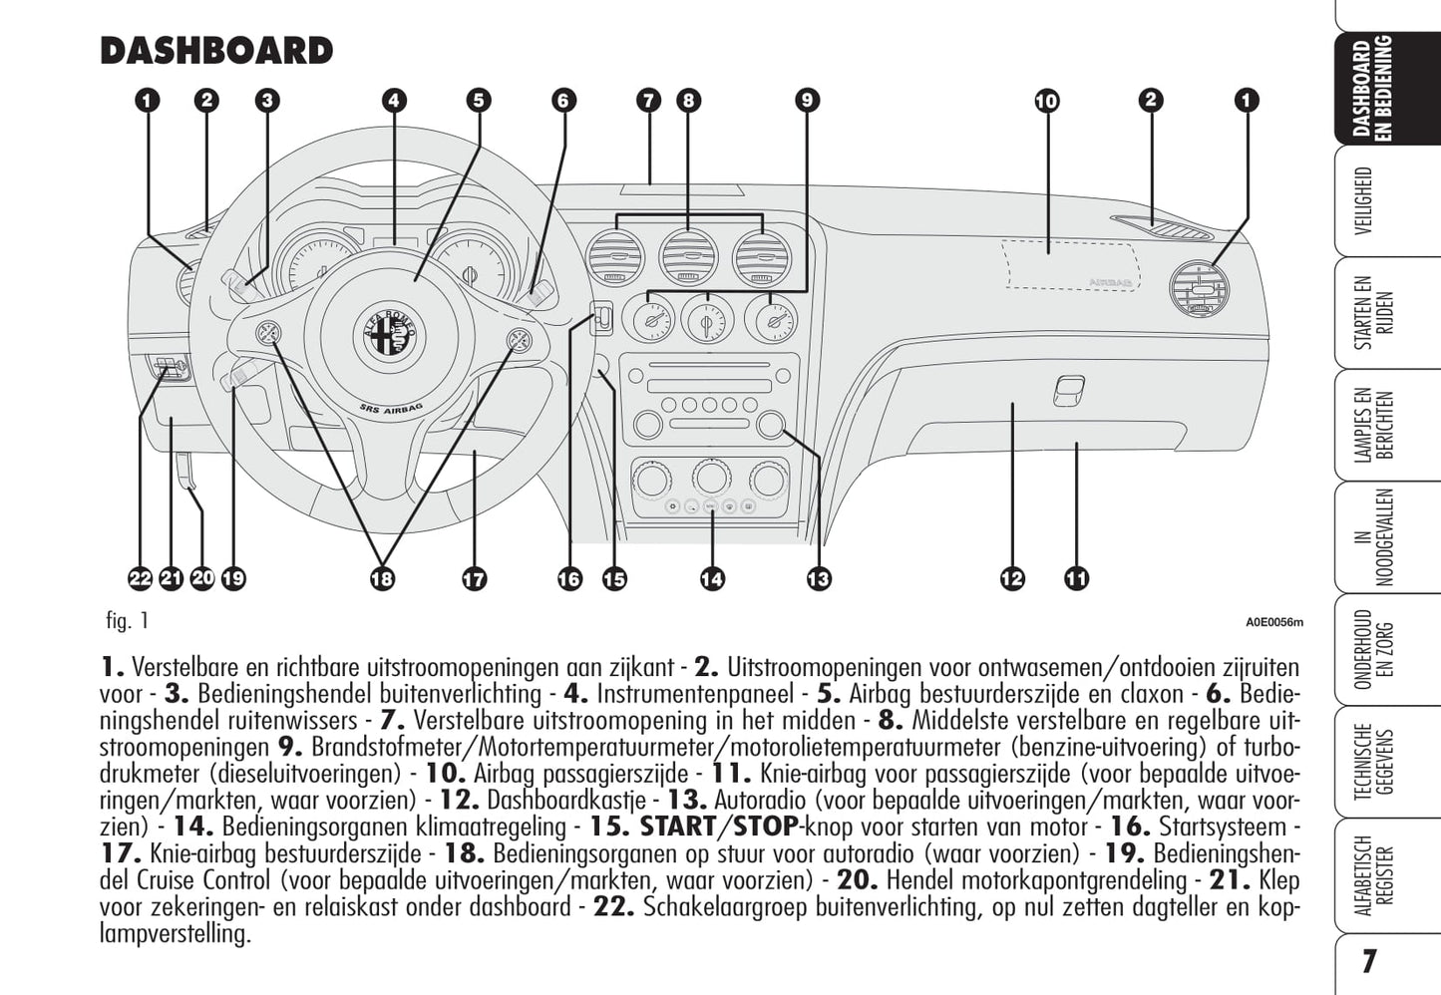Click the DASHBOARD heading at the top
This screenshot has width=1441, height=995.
click(x=216, y=51)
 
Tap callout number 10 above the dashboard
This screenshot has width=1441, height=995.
click(x=1046, y=101)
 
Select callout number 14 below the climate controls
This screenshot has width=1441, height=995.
click(x=712, y=578)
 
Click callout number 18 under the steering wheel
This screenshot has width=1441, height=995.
click(x=382, y=578)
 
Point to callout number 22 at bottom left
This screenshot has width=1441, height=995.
click(x=140, y=578)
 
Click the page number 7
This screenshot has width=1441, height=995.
click(x=1368, y=961)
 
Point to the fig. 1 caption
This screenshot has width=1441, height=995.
click(x=127, y=621)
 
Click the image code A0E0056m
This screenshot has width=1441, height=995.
click(x=1273, y=623)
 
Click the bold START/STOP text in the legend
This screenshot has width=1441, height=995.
click(x=718, y=827)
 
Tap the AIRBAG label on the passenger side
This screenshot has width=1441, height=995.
click(x=1109, y=282)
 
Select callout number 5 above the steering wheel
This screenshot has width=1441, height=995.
click(x=479, y=101)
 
